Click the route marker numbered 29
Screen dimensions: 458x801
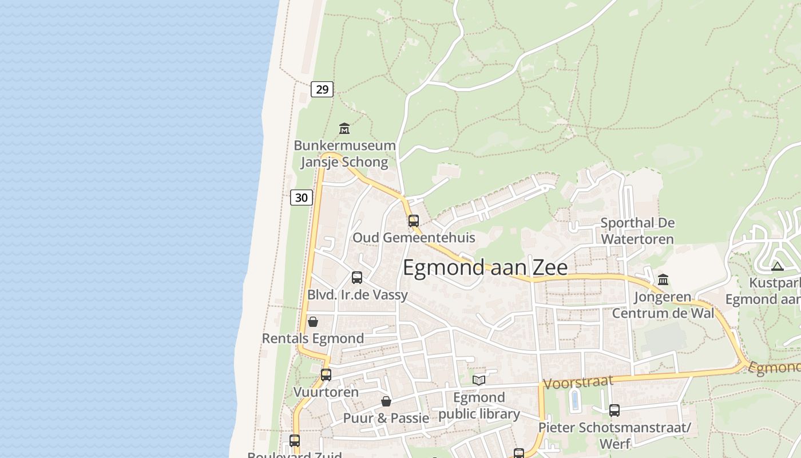pos(322,89)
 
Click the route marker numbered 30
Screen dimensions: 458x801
pos(302,198)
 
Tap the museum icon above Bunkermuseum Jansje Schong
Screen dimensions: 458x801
pos(344,128)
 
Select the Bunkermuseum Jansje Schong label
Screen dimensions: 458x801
pos(344,153)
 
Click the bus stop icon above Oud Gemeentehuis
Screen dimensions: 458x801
pos(414,221)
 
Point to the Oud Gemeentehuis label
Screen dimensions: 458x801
pos(414,237)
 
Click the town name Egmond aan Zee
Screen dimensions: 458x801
pos(485,268)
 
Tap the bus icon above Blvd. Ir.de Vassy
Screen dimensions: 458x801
pos(357,278)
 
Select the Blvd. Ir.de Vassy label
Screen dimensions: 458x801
pos(358,295)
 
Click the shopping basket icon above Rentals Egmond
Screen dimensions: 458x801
pos(313,322)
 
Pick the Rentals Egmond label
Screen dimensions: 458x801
pos(313,338)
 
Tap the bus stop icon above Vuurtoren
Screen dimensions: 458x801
pos(326,375)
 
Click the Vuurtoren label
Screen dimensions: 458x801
pos(326,392)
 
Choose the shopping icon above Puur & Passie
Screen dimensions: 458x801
pos(386,401)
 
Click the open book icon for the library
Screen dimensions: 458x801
pos(479,380)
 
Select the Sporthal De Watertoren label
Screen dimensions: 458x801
pos(637,231)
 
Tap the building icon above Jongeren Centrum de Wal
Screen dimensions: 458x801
pos(663,279)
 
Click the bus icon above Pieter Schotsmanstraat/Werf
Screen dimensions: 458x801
pos(614,410)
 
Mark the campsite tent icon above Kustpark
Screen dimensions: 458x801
pos(777,266)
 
